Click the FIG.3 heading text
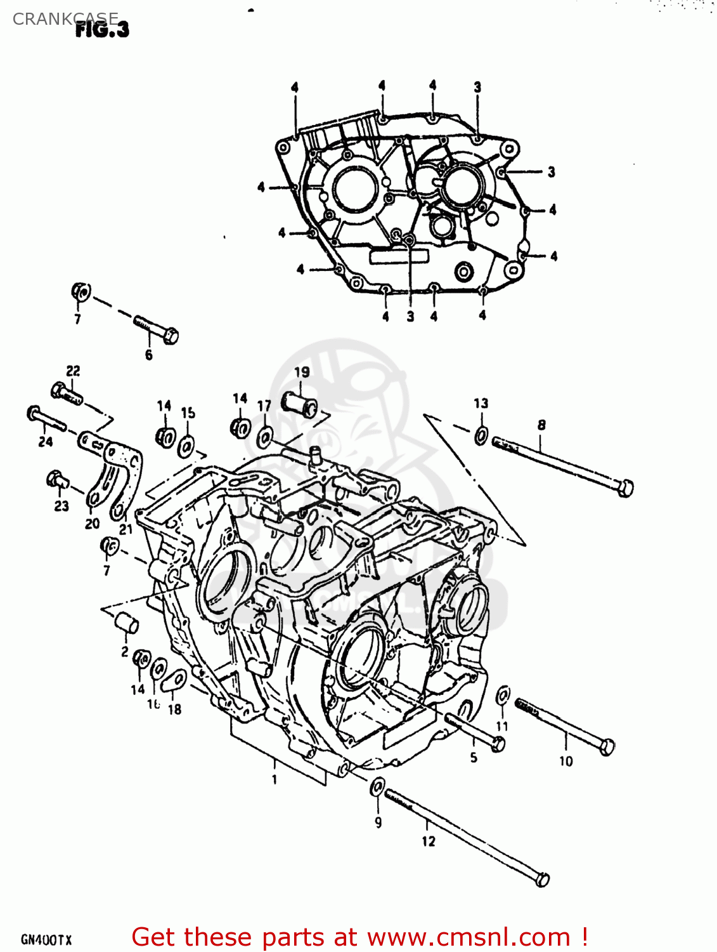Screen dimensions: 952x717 (x=102, y=29)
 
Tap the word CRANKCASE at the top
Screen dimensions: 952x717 (x=65, y=18)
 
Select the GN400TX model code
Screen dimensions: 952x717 (x=46, y=939)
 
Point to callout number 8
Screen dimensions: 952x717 (x=541, y=425)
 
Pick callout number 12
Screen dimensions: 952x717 (x=429, y=841)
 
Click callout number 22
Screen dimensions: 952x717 (x=73, y=371)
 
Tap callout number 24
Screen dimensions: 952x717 (x=46, y=441)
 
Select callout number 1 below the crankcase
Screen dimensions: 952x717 (x=275, y=779)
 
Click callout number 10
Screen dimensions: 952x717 (x=565, y=760)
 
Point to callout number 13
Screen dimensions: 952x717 (x=481, y=403)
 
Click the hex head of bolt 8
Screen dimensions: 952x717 (x=624, y=487)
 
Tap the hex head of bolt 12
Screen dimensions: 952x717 (x=542, y=880)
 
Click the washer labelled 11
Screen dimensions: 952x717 (x=502, y=696)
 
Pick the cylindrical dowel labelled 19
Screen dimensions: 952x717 (x=300, y=404)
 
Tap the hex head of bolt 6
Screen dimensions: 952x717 (x=170, y=335)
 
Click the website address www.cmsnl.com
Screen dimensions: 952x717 (x=468, y=937)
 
